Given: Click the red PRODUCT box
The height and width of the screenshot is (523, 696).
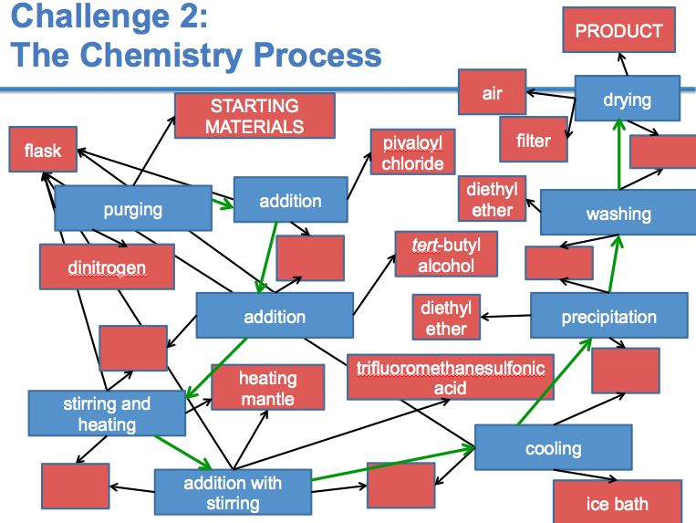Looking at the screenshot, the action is [x=618, y=30].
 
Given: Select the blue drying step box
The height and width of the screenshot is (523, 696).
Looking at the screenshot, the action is [x=628, y=98].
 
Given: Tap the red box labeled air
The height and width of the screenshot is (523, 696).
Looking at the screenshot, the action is [x=493, y=92].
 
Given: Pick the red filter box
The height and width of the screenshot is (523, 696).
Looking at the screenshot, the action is [x=534, y=140].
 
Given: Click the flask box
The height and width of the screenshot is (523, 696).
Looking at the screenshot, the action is [x=43, y=149].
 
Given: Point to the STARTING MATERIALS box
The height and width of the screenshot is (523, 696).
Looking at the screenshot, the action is [x=255, y=115].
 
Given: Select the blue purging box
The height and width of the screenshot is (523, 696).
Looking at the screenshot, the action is [x=133, y=208].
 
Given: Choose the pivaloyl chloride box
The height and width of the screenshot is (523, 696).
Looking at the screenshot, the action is [x=413, y=152].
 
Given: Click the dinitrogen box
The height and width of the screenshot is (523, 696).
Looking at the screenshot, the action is [x=107, y=267].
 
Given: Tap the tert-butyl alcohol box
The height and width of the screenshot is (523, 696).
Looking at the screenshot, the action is [x=446, y=254].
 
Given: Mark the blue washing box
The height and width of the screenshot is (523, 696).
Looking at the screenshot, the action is [x=618, y=213].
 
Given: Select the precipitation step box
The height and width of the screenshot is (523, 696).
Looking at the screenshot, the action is [x=609, y=315].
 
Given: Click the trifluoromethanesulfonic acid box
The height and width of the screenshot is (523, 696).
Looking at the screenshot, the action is [x=451, y=377].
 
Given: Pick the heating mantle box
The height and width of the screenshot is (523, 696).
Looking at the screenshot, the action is [x=267, y=387].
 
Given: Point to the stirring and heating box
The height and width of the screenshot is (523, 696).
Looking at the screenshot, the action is [x=107, y=413].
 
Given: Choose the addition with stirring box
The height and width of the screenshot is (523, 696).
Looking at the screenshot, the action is [x=233, y=492].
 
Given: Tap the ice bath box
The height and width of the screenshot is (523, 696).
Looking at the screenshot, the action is [x=618, y=502].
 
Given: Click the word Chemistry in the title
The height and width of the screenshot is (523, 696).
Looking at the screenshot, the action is [x=161, y=55].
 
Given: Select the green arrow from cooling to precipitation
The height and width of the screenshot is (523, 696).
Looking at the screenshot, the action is [x=555, y=382].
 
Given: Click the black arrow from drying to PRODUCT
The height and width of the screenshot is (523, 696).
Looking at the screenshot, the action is [x=623, y=65].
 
